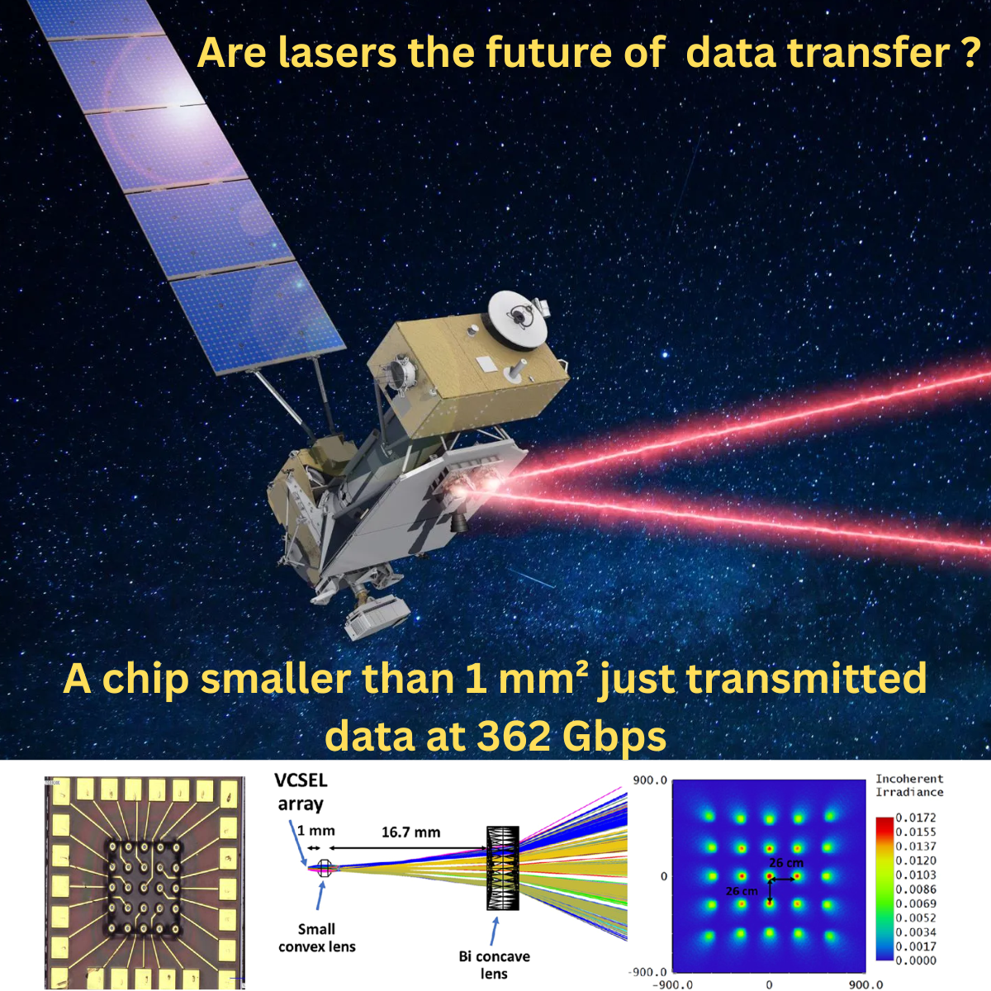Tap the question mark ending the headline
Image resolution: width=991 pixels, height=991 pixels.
coord(970,53)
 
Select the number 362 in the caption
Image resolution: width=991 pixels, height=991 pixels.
coord(511,735)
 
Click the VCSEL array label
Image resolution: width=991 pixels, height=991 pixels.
coord(301,792)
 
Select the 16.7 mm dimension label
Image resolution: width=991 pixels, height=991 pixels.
coord(410,832)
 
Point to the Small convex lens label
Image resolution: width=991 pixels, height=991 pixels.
coord(317,937)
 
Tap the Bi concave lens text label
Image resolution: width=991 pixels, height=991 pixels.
coord(494,965)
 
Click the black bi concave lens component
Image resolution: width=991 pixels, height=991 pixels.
coord(502,867)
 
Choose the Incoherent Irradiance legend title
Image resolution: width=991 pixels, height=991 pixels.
coord(909,785)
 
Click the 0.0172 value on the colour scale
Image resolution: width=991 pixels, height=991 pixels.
coord(916,817)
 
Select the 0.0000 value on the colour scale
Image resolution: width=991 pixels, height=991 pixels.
coord(916,960)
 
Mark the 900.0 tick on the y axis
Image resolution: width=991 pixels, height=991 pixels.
coord(650,780)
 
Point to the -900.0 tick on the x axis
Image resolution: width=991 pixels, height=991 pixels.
coord(672,984)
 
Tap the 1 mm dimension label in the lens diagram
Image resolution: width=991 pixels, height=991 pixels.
coord(316,831)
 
